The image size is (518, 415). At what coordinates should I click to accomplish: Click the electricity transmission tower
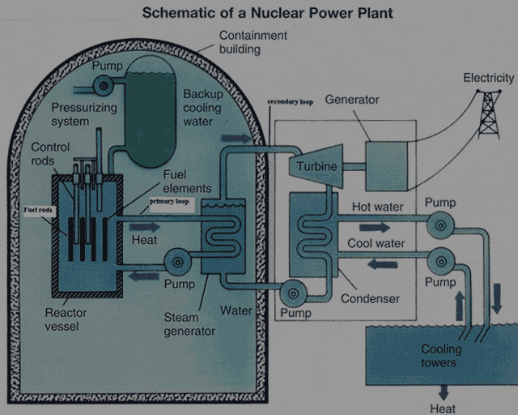click(488, 113)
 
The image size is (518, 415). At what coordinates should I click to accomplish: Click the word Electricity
click(488, 78)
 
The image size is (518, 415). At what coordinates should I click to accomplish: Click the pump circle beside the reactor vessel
click(177, 262)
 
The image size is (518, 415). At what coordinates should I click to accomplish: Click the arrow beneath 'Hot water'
click(374, 227)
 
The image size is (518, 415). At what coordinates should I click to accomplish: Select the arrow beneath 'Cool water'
click(381, 263)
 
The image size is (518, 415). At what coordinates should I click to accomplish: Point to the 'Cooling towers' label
click(441, 356)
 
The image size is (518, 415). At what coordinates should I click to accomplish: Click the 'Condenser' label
click(370, 298)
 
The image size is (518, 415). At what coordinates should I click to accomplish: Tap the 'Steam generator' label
click(189, 324)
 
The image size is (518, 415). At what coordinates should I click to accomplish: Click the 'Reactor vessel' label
click(66, 319)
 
